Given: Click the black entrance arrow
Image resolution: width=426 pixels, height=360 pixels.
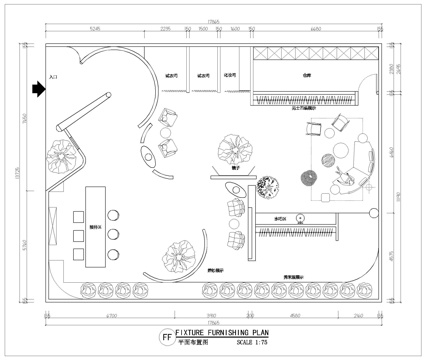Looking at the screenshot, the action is pyautogui.click(x=38, y=89).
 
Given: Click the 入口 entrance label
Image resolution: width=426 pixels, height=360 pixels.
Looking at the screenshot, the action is pyautogui.click(x=54, y=74).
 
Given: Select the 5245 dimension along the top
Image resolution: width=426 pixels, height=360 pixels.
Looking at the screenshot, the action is pyautogui.click(x=96, y=31).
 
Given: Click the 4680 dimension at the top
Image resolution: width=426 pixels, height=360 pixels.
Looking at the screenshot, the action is pyautogui.click(x=314, y=31).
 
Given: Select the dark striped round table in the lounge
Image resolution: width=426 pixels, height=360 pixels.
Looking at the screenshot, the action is pyautogui.click(x=308, y=178).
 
